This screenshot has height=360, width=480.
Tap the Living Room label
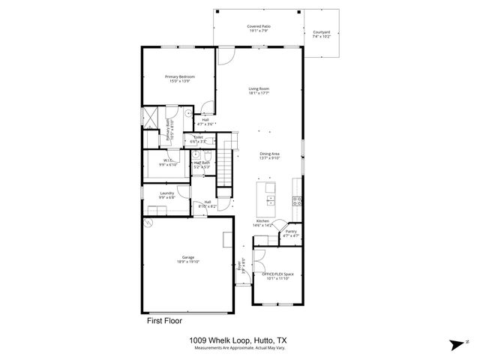coord(259,90)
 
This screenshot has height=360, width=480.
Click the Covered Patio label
coord(259,28)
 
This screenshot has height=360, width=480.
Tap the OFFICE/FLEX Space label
coord(277,277)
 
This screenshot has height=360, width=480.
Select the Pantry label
coord(291,233)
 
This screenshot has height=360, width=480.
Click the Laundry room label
coord(166,195)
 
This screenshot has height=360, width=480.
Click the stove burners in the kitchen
coord(297,200)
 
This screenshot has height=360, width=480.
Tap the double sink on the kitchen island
coord(269,200)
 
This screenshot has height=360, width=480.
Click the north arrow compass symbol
coord(455,345)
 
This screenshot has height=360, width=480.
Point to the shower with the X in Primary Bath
coord(151,119)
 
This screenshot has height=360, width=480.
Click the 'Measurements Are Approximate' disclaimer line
coord(239,348)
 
